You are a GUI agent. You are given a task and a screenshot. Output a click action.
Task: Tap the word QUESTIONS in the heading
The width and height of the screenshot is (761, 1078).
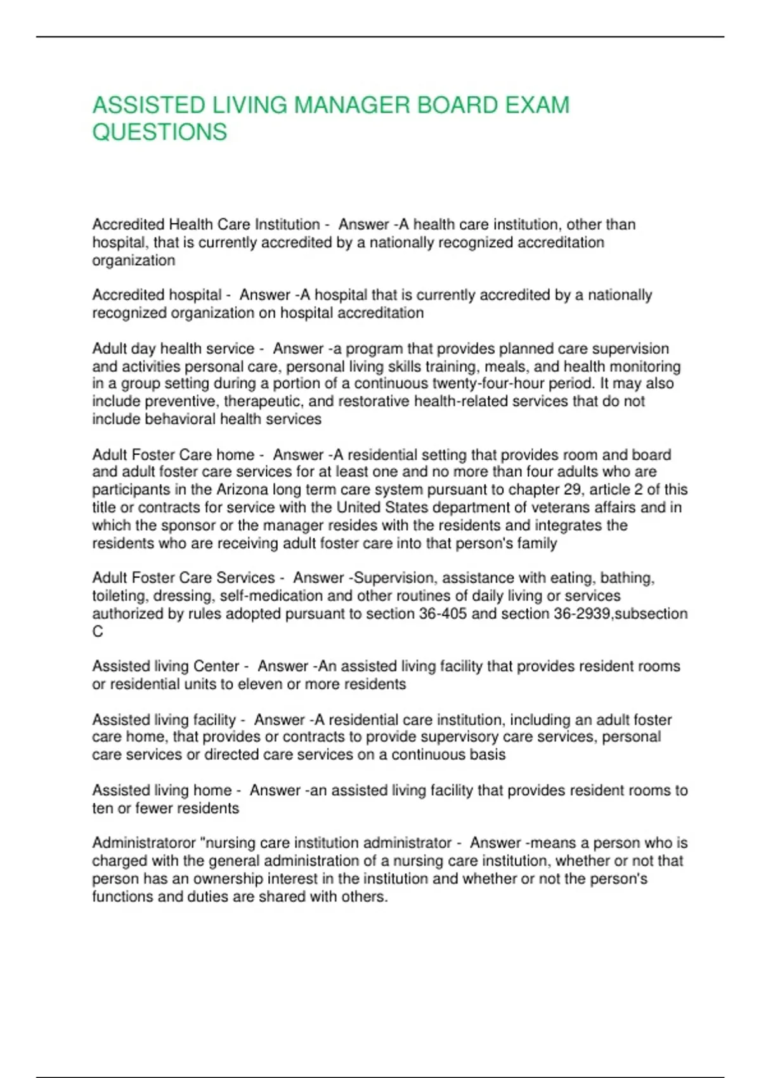(x=160, y=132)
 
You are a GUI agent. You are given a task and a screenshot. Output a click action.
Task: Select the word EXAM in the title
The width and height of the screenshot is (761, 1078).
(x=538, y=105)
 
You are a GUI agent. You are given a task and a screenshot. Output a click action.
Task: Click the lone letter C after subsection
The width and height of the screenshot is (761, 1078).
(x=98, y=632)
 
